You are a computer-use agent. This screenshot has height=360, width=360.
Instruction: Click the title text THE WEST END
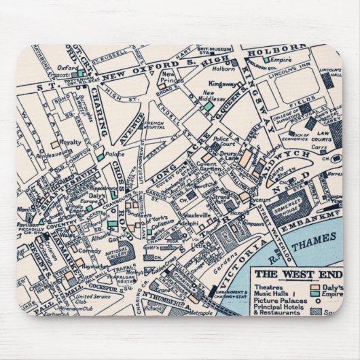point(297,274)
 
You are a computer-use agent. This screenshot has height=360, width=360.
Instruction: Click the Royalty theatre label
point(70,144)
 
